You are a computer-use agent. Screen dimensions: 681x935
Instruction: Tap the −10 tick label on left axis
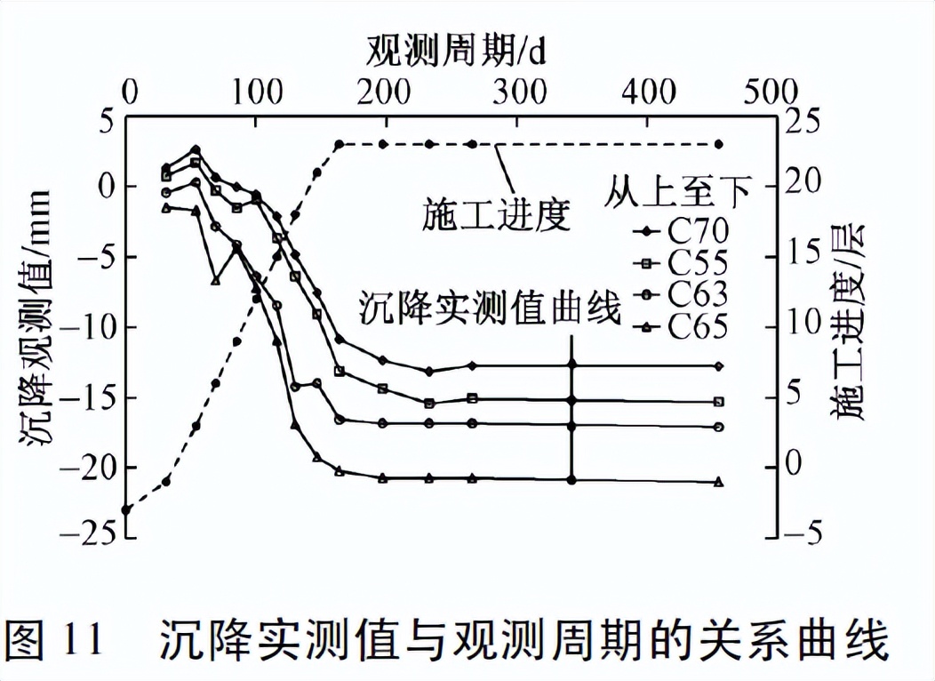point(92,327)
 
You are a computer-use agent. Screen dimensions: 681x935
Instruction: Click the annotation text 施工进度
point(498,214)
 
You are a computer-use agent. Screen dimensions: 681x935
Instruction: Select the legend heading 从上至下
point(679,189)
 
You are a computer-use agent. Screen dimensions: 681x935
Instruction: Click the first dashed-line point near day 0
point(127,510)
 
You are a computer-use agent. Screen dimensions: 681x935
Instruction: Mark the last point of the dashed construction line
point(720,144)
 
